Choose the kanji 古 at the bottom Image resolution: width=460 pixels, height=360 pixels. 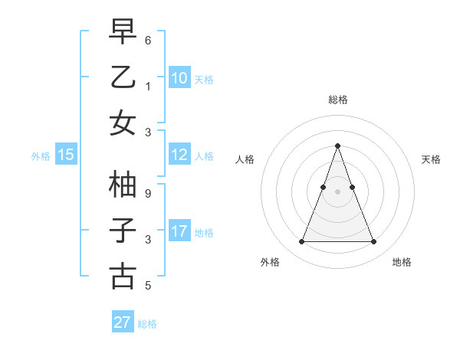123,276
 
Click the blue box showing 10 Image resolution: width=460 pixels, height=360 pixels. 179,77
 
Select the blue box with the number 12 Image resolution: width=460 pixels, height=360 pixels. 179,155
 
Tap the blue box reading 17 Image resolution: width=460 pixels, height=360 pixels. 179,231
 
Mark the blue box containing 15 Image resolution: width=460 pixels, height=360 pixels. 66,155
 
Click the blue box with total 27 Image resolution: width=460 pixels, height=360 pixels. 123,322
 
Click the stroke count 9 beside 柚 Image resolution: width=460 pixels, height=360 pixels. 148,193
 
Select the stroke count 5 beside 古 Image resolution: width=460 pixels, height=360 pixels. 148,286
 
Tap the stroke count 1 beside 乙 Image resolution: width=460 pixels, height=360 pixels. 148,86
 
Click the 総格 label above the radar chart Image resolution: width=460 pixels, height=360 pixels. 338,100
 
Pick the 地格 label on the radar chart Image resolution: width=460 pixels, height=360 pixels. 402,263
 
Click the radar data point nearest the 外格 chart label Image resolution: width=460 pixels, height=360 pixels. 301,242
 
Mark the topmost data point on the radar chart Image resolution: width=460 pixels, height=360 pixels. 337,146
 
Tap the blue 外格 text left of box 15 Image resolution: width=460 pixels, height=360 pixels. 41,155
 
